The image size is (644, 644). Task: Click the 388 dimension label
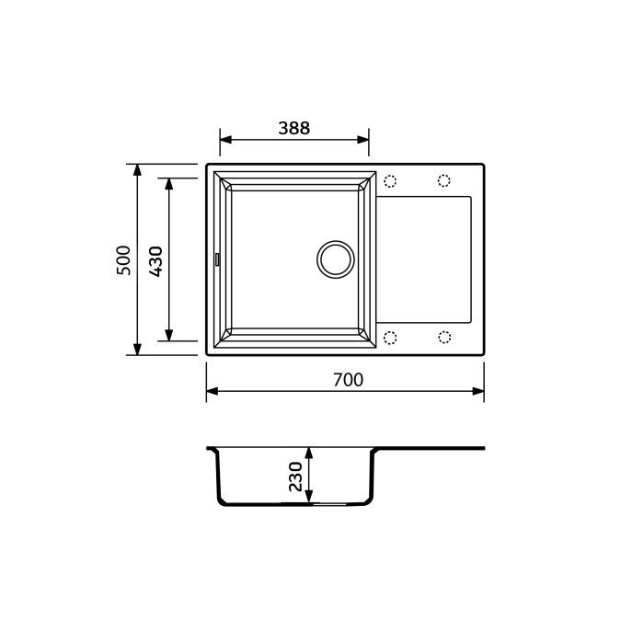(x=294, y=129)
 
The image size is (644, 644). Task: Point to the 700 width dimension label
(x=348, y=380)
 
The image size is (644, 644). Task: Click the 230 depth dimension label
(x=295, y=477)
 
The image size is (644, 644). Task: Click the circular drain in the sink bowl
(x=335, y=259)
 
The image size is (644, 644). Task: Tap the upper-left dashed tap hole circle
(x=389, y=180)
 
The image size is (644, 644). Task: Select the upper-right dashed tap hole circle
(x=444, y=180)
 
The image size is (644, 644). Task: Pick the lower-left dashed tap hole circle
(x=389, y=338)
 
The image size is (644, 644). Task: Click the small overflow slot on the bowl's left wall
(x=217, y=259)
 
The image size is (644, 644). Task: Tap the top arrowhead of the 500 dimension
(x=137, y=170)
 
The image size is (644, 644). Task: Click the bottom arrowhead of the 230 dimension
(x=310, y=498)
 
